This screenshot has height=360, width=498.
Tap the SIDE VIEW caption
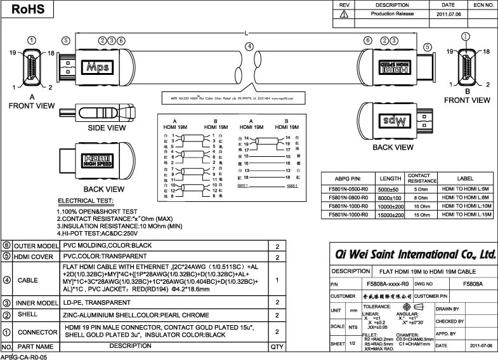coord(106,128)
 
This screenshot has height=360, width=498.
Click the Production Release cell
coord(392,13)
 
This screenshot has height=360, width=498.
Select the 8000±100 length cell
coord(390,197)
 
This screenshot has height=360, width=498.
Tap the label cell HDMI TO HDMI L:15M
coord(465,215)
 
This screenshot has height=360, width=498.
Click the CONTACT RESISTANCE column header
coord(419,178)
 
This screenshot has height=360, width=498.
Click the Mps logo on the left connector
coord(98,65)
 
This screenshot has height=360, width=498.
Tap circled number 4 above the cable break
coord(249,46)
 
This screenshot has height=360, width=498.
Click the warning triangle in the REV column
coord(343,13)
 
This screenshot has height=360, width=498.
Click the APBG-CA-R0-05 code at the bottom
coord(24,356)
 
